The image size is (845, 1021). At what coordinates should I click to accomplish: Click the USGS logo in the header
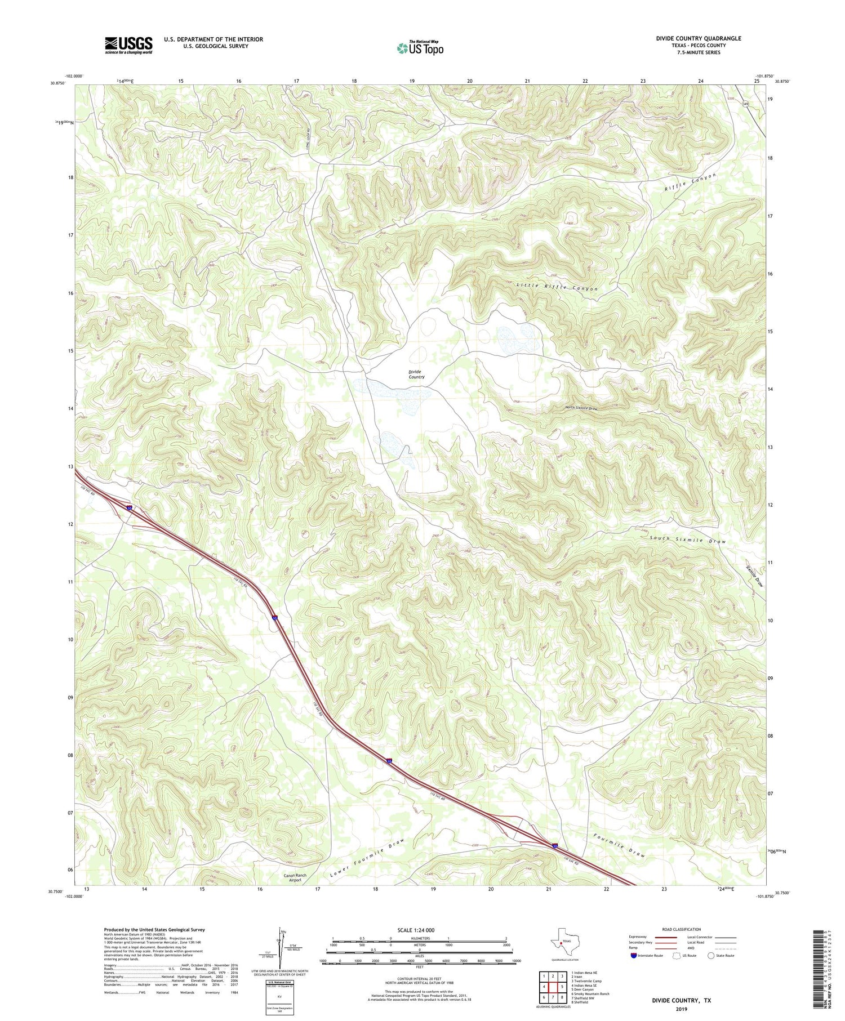pyautogui.click(x=128, y=45)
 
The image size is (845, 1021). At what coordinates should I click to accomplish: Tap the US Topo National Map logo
pyautogui.click(x=420, y=48)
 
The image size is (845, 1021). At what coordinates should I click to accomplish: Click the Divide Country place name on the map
pyautogui.click(x=416, y=374)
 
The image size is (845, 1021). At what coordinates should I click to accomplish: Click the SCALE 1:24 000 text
pyautogui.click(x=419, y=930)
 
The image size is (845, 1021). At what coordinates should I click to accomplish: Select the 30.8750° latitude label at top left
pyautogui.click(x=57, y=83)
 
